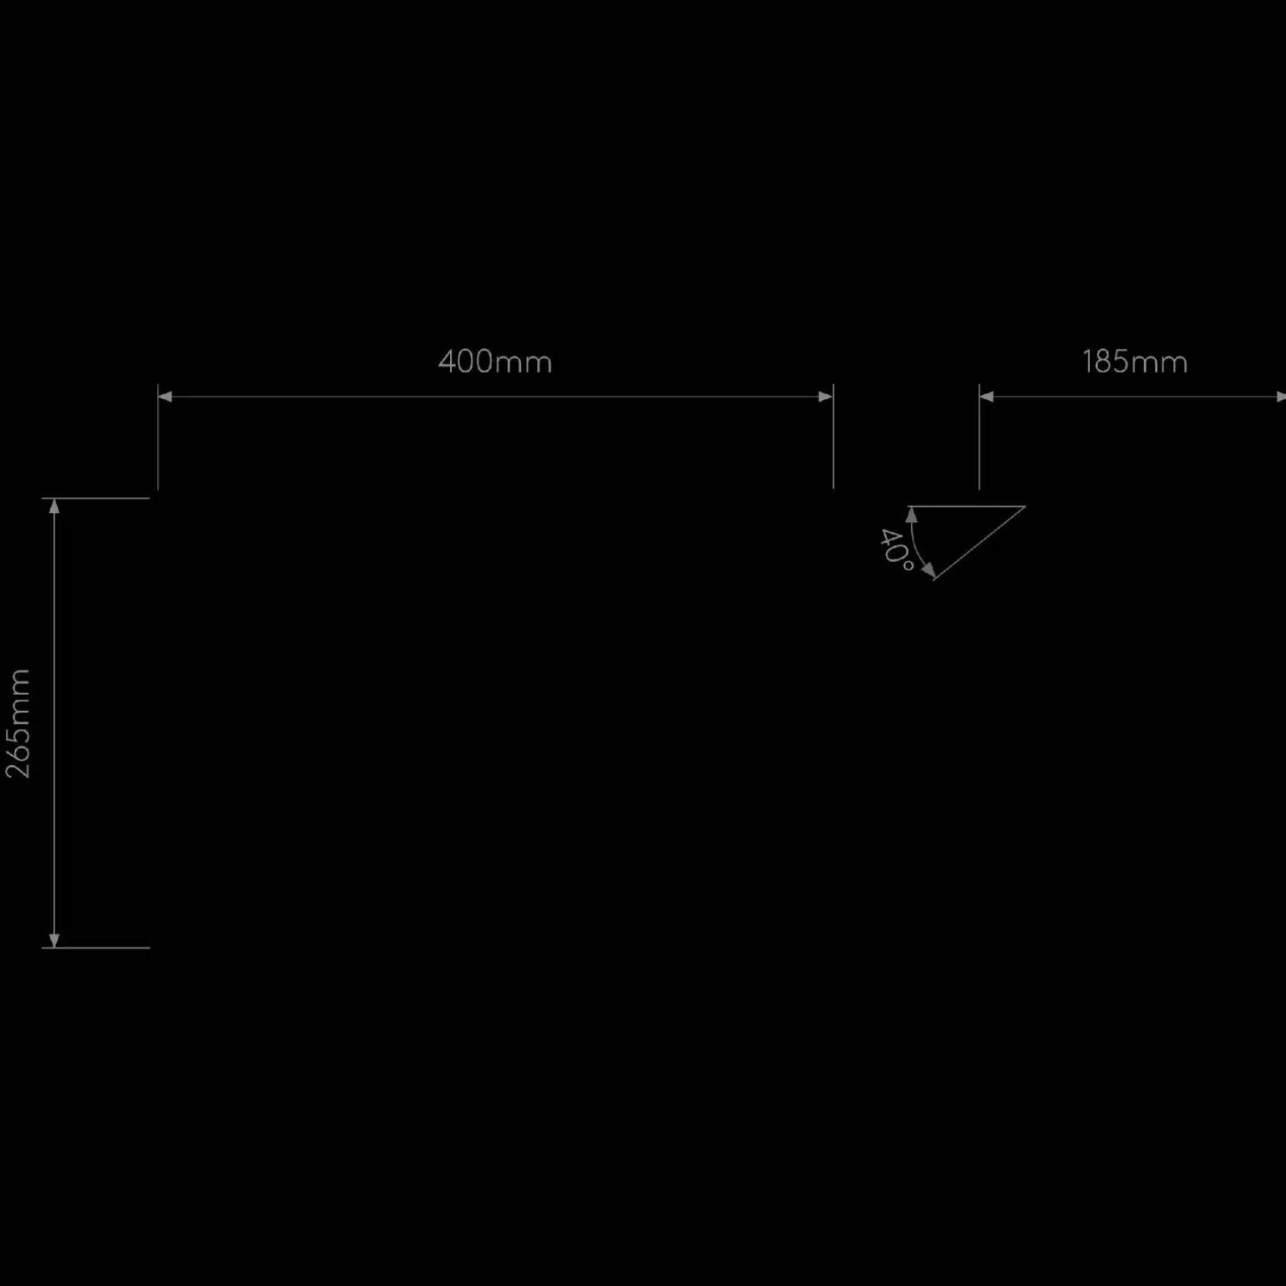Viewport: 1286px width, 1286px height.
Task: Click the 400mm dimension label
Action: [495, 362]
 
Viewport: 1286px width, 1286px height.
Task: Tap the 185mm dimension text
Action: [1135, 362]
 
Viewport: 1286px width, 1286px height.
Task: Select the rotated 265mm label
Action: [18, 723]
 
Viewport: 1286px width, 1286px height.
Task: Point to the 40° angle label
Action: [895, 549]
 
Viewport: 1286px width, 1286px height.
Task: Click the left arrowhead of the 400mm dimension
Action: [165, 397]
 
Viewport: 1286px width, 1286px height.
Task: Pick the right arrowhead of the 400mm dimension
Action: [826, 397]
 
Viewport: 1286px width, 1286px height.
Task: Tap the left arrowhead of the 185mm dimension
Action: [986, 397]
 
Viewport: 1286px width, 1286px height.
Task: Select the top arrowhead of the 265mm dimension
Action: [54, 506]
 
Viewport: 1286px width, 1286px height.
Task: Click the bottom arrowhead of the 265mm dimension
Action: [54, 940]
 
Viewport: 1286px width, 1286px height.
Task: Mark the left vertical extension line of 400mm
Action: [158, 437]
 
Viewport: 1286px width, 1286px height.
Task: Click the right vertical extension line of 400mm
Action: [833, 437]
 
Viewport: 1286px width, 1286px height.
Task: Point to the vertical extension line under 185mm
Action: [980, 437]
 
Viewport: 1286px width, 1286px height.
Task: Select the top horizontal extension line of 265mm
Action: [96, 499]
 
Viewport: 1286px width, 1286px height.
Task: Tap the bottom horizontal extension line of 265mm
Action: [96, 948]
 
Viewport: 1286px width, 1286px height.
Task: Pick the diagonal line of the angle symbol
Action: [979, 543]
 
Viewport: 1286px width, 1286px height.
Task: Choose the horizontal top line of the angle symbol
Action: [966, 506]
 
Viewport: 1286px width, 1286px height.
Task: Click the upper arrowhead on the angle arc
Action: [911, 515]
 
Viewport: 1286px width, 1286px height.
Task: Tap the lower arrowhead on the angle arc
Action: [928, 571]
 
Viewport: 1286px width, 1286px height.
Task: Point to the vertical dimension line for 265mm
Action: [54, 723]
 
